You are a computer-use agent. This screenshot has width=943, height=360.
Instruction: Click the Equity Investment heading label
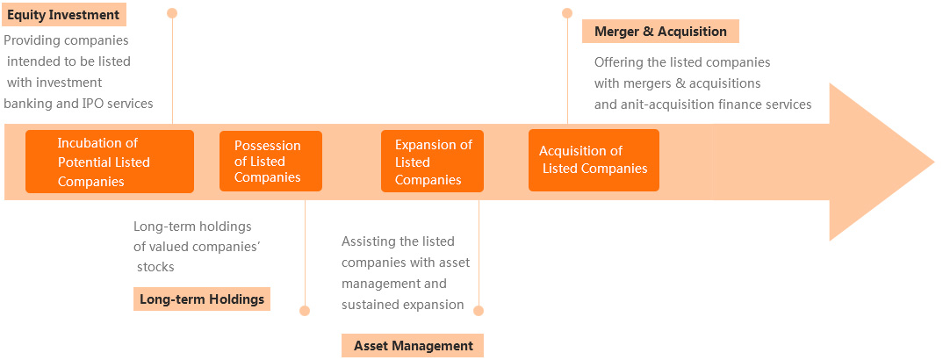64,15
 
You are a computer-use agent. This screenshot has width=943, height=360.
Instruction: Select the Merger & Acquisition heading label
660,32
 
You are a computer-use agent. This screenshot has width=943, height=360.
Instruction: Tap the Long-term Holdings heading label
201,299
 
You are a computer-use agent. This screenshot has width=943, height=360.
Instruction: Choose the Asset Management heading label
413,346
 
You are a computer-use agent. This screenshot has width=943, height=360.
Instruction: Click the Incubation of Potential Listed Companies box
110,162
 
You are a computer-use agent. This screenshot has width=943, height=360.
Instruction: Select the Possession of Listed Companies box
270,161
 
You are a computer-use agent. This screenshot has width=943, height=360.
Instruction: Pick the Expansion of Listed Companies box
432,161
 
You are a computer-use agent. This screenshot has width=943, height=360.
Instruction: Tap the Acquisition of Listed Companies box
594,160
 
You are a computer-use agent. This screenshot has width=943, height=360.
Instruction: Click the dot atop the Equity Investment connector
172,12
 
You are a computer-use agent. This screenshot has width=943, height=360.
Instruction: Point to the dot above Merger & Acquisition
566,12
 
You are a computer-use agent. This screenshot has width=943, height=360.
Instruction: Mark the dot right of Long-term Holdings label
305,311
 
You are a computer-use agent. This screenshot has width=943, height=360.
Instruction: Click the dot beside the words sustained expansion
479,311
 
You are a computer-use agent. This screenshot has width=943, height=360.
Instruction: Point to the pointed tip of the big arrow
934,162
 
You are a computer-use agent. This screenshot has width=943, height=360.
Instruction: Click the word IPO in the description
90,104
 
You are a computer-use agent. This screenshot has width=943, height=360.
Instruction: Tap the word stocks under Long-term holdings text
155,267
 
